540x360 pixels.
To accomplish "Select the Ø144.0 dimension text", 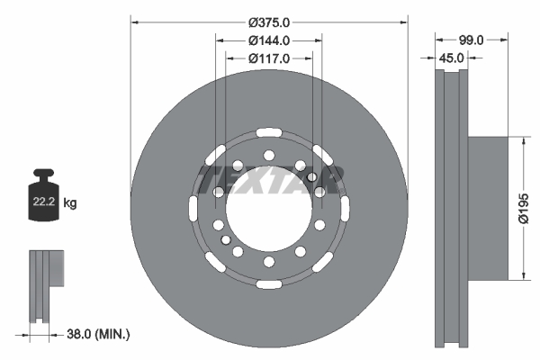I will (269, 40).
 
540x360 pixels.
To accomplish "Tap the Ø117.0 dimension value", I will (269, 58).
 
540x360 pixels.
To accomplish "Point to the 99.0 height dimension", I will (472, 40).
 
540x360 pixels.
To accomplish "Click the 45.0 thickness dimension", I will (451, 58).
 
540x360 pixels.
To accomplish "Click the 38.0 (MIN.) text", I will (99, 334).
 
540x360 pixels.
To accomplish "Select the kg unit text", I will (70, 203).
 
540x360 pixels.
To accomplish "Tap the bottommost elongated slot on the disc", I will (269, 285).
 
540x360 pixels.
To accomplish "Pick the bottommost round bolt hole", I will (269, 262).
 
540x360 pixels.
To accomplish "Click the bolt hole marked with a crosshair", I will (311, 177).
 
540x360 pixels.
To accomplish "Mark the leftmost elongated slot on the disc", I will (193, 209).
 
